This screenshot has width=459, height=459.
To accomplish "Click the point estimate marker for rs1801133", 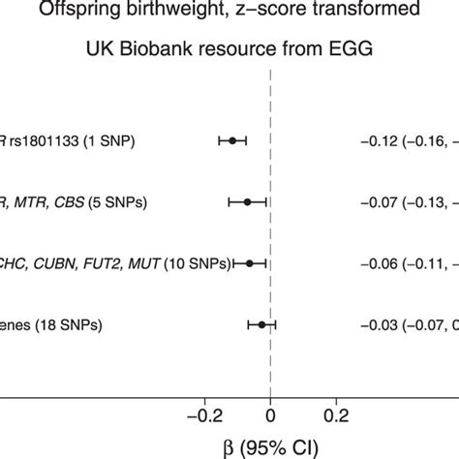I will [232, 141].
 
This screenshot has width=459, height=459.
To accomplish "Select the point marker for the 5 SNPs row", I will [247, 202].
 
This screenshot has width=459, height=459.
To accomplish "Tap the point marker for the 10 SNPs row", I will [250, 263].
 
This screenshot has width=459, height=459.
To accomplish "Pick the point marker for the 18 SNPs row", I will [261, 324].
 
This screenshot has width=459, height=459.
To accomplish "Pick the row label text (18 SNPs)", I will [67, 324].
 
